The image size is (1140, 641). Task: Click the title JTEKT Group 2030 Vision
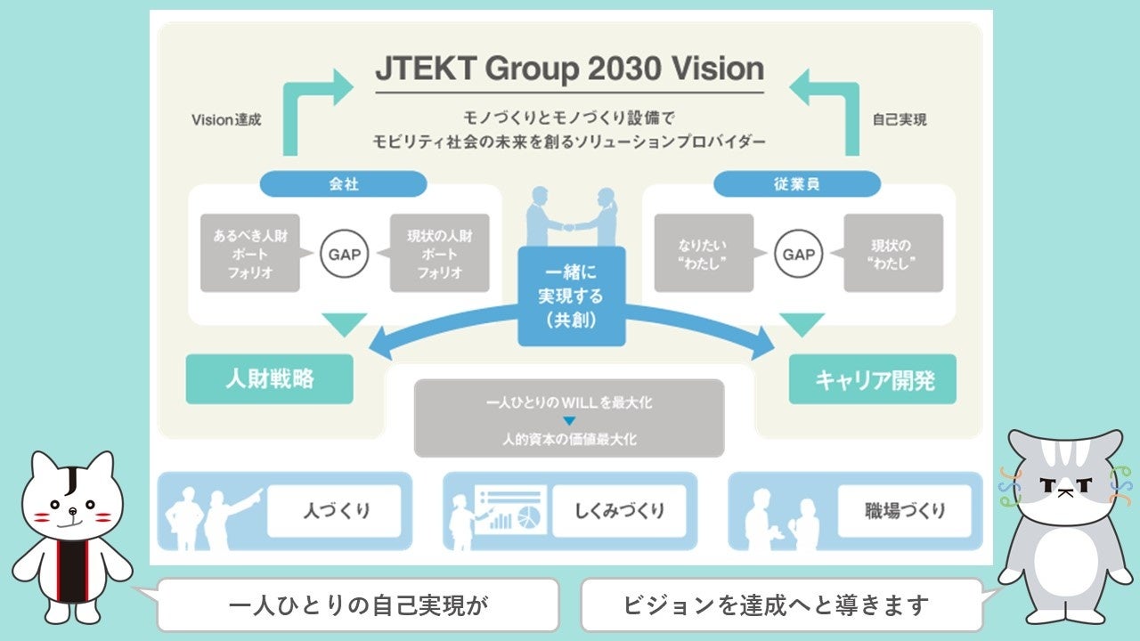coord(569,69)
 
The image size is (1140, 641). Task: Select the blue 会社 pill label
coord(343,183)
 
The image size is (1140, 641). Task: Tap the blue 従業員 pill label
coord(797,183)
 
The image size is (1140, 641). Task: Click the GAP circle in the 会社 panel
coord(344,254)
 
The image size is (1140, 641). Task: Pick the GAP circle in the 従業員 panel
coord(798,254)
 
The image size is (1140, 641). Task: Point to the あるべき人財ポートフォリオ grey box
coord(249,254)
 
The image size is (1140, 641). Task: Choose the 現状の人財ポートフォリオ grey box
coord(439,254)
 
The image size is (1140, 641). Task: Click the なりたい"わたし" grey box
coord(704,254)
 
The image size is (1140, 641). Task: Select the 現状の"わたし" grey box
coord(893,254)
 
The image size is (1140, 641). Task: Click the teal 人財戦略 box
coord(269,379)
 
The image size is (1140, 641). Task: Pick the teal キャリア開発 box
coord(874,380)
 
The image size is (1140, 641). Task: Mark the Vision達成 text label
coord(226,119)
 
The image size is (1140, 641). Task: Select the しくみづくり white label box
coord(619,511)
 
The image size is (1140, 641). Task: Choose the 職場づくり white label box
coord(904,511)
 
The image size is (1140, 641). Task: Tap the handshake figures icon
coord(570,216)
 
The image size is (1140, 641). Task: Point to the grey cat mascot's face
coord(1064,482)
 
